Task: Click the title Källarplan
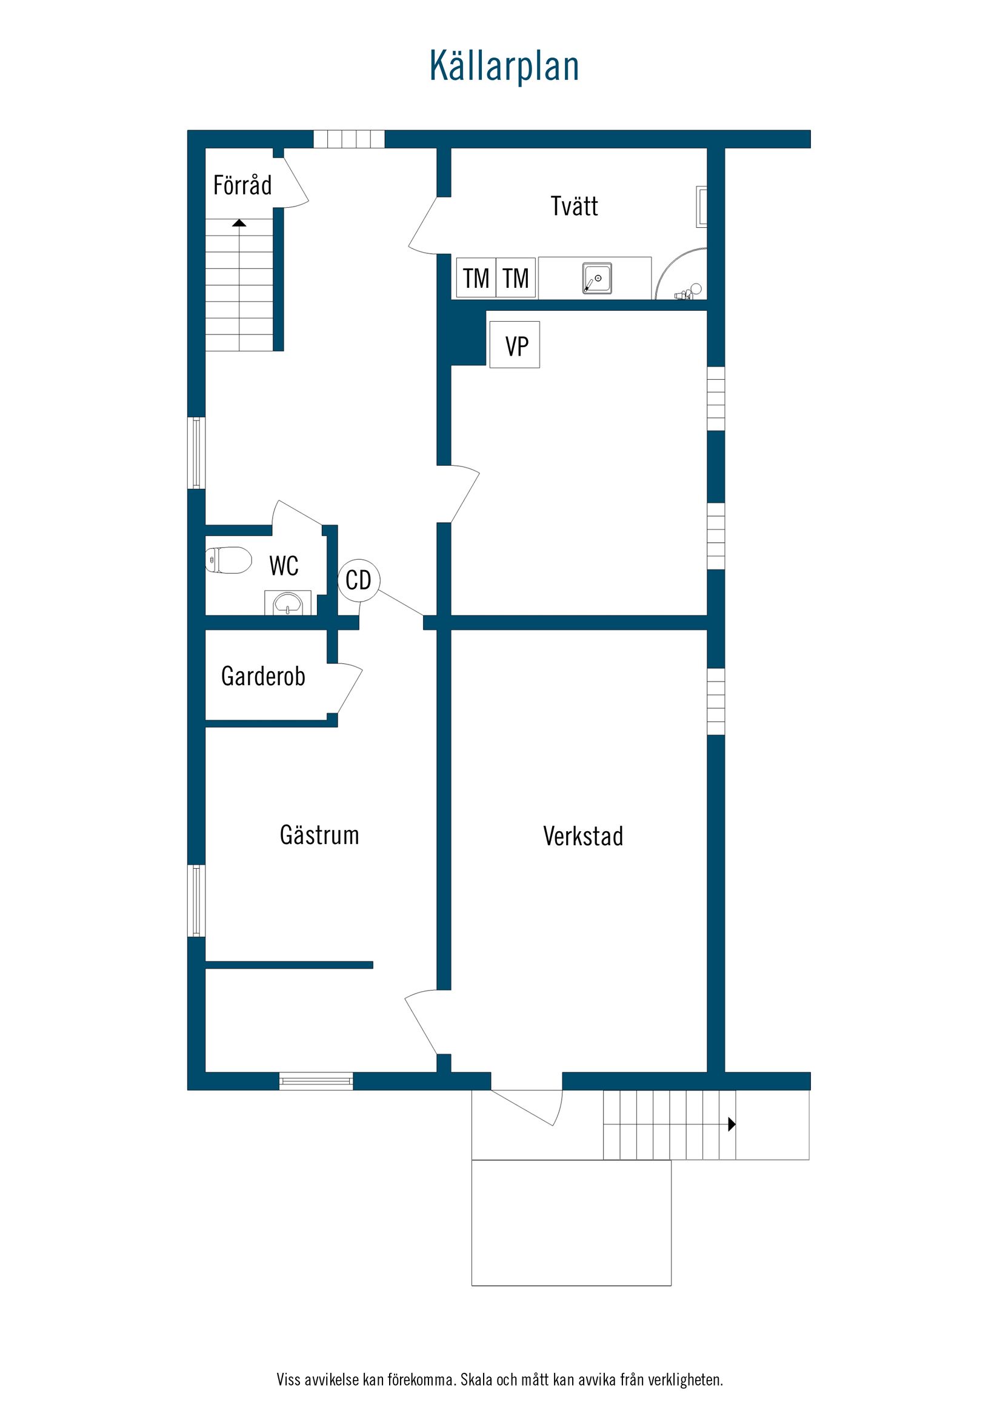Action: coord(504,66)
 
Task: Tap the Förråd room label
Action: coord(242,185)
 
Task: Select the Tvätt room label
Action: coord(573,207)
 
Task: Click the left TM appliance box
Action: coord(476,278)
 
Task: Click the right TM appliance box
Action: coord(516,278)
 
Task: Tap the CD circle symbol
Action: coord(359,580)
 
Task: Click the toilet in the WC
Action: coord(228,560)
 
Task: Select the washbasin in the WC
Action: coord(287,603)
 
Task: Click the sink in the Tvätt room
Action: coord(597,278)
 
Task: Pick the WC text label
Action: coord(284,566)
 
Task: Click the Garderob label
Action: coord(263,677)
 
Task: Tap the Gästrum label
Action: coord(319,835)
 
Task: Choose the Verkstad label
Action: coord(583,837)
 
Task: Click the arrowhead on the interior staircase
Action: coord(239,223)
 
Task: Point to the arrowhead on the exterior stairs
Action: coord(732,1124)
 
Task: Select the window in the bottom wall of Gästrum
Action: coord(316,1081)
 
